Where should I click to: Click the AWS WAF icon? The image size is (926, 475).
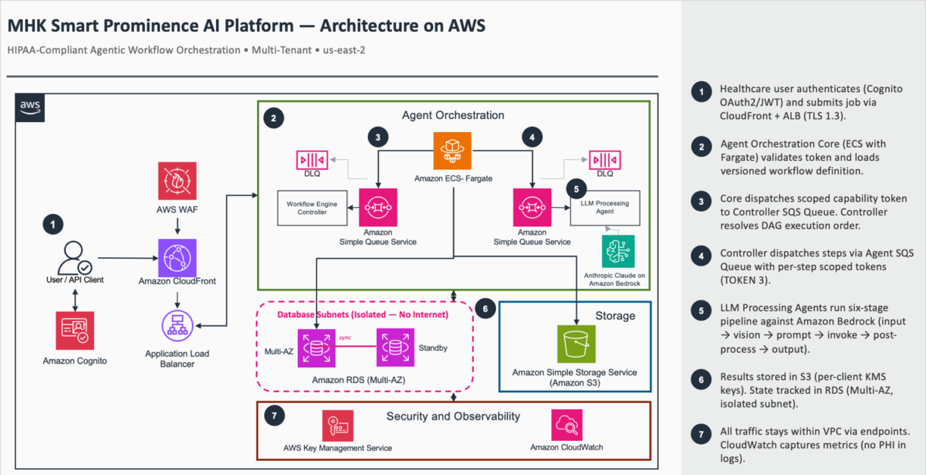click(177, 181)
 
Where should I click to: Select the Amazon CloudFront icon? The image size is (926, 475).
click(177, 258)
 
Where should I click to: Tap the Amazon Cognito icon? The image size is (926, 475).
click(75, 331)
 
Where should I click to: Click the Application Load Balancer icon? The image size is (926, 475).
click(177, 326)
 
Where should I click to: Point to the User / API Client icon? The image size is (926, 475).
click(74, 258)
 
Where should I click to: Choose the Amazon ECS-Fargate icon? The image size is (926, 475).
click(452, 151)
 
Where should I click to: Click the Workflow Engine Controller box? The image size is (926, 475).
click(312, 208)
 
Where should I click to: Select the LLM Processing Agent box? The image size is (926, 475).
click(605, 208)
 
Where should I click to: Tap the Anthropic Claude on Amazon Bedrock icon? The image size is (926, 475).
click(618, 252)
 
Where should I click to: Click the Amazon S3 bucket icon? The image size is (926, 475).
click(576, 344)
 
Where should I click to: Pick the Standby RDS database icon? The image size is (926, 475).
click(395, 348)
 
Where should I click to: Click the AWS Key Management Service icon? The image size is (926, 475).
click(338, 426)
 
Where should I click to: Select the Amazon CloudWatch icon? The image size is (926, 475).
click(566, 425)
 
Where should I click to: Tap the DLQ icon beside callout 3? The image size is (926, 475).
click(312, 160)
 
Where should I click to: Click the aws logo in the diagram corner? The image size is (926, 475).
click(30, 107)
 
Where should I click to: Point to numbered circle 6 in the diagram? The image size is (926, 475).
click(485, 308)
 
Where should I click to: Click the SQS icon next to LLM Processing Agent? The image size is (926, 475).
click(532, 207)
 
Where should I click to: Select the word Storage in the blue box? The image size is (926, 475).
click(615, 316)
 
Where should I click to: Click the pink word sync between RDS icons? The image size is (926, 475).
click(345, 338)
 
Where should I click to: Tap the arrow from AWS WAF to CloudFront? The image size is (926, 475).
click(177, 226)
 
